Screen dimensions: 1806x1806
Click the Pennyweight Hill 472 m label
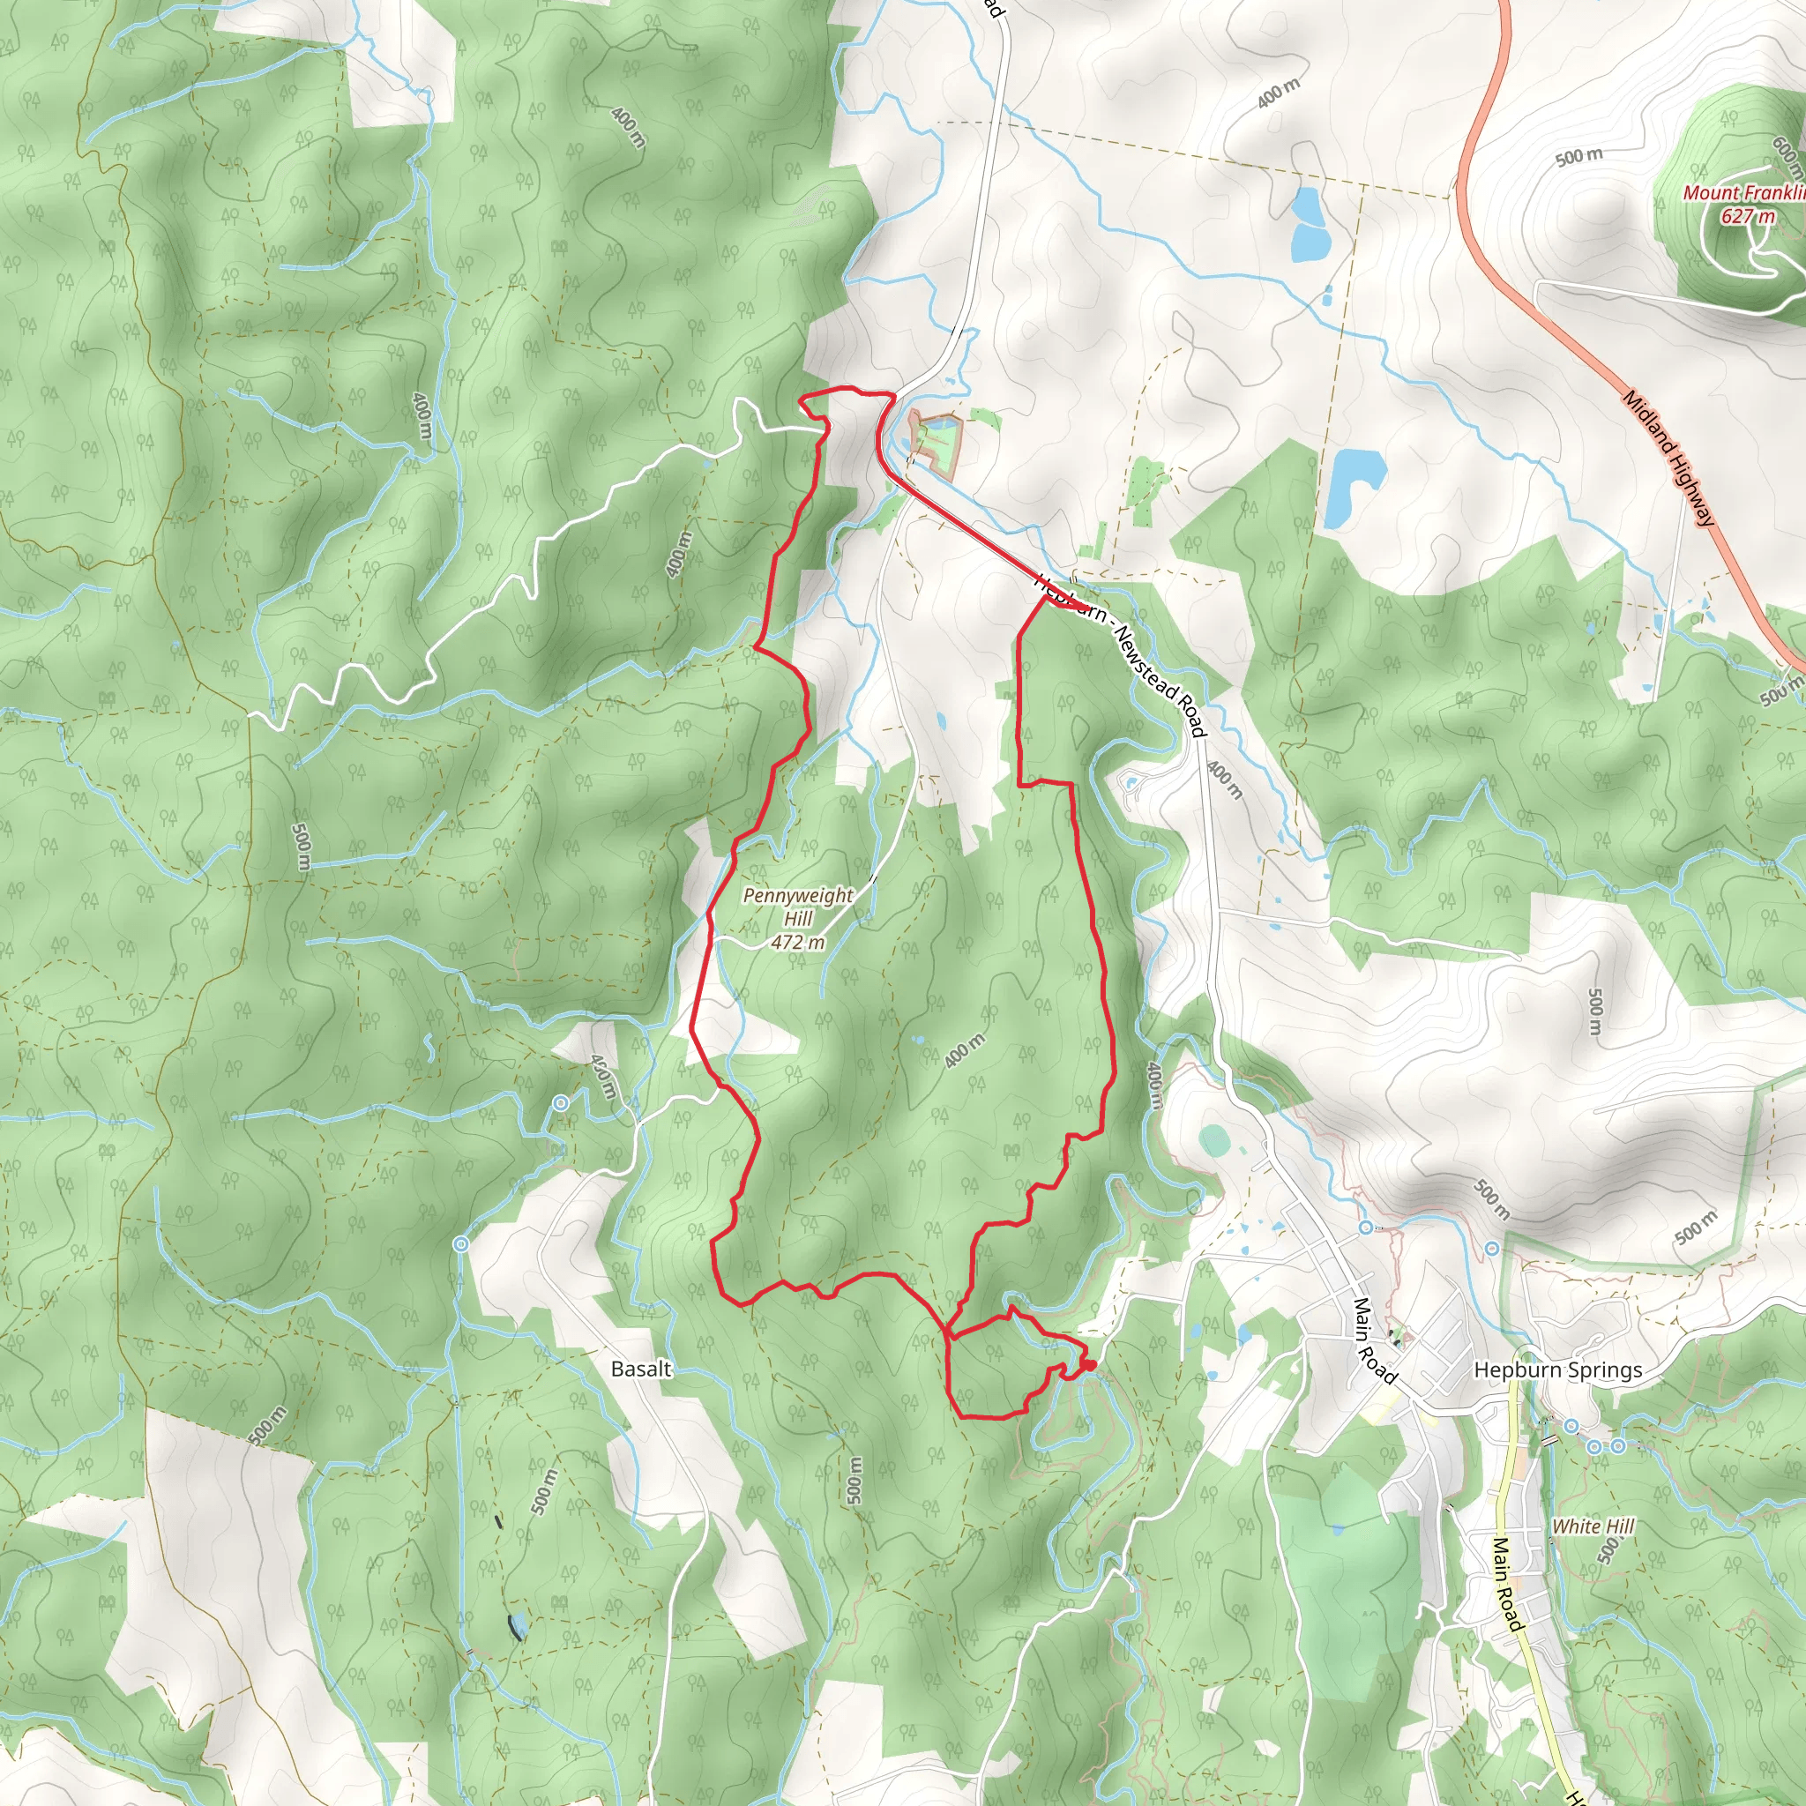(797, 918)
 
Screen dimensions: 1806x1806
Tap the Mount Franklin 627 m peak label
(1744, 204)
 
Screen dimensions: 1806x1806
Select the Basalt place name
(640, 1369)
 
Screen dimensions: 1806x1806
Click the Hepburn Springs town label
(1557, 1369)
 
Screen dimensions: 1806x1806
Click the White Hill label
(1593, 1526)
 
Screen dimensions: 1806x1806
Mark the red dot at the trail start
(1089, 1366)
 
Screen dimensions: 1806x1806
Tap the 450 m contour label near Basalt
(604, 1078)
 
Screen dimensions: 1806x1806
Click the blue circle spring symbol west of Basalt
(460, 1245)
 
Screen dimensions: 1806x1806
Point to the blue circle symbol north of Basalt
(560, 1104)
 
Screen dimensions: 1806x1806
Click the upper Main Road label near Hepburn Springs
(1374, 1340)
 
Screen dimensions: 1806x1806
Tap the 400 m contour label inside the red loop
(964, 1050)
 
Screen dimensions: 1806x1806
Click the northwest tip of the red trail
(802, 400)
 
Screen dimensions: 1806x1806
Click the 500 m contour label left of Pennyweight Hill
(301, 847)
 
